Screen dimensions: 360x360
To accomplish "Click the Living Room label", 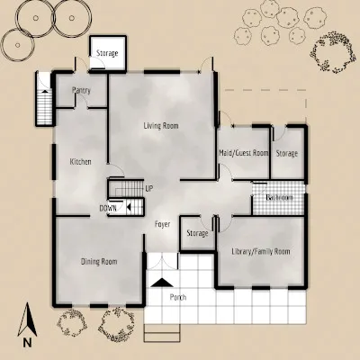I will coord(162,126).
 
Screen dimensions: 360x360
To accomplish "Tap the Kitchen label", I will coord(81,162).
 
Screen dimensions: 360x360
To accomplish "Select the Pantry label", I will coord(82,91).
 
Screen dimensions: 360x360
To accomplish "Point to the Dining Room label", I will coord(99,262).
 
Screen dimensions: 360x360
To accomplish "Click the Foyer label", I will coord(163,224).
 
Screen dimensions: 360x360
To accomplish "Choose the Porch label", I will coord(178,296).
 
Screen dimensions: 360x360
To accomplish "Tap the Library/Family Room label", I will coord(260,251).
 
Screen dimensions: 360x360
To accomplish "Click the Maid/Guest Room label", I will coord(244,154).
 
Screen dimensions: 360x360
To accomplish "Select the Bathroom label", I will coord(280,198).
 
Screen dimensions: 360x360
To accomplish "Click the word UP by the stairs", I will coord(149,188).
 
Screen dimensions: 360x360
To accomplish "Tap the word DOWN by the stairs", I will coord(108,208).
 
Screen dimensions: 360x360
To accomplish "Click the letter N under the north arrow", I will coord(28,342).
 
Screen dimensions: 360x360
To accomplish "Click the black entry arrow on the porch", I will coord(162,282).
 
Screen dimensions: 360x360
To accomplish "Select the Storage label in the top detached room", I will coord(108,55).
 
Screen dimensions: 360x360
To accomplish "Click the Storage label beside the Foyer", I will coord(197,234).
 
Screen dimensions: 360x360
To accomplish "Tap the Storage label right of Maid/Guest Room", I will coord(287,154).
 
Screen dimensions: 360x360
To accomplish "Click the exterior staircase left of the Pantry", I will coord(43,99).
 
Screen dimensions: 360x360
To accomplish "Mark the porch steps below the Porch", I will coord(163,333).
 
